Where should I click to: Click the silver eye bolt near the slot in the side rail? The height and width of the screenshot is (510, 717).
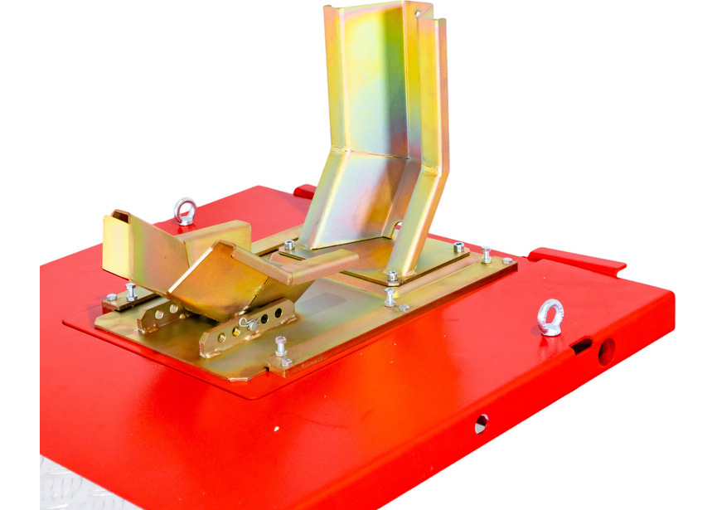550,317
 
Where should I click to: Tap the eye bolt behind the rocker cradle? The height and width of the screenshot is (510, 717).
184,211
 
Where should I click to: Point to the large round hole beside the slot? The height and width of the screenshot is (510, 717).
607,352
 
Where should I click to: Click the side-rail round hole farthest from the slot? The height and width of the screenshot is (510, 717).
481,424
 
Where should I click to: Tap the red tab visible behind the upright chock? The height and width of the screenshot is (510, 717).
304,192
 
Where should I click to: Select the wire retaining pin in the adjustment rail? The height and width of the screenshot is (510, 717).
247,323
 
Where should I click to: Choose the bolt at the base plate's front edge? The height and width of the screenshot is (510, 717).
281,348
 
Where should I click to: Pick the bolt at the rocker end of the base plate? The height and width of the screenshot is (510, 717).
131,291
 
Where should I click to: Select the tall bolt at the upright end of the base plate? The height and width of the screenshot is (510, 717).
486,255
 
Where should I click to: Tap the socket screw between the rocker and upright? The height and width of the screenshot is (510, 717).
288,245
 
